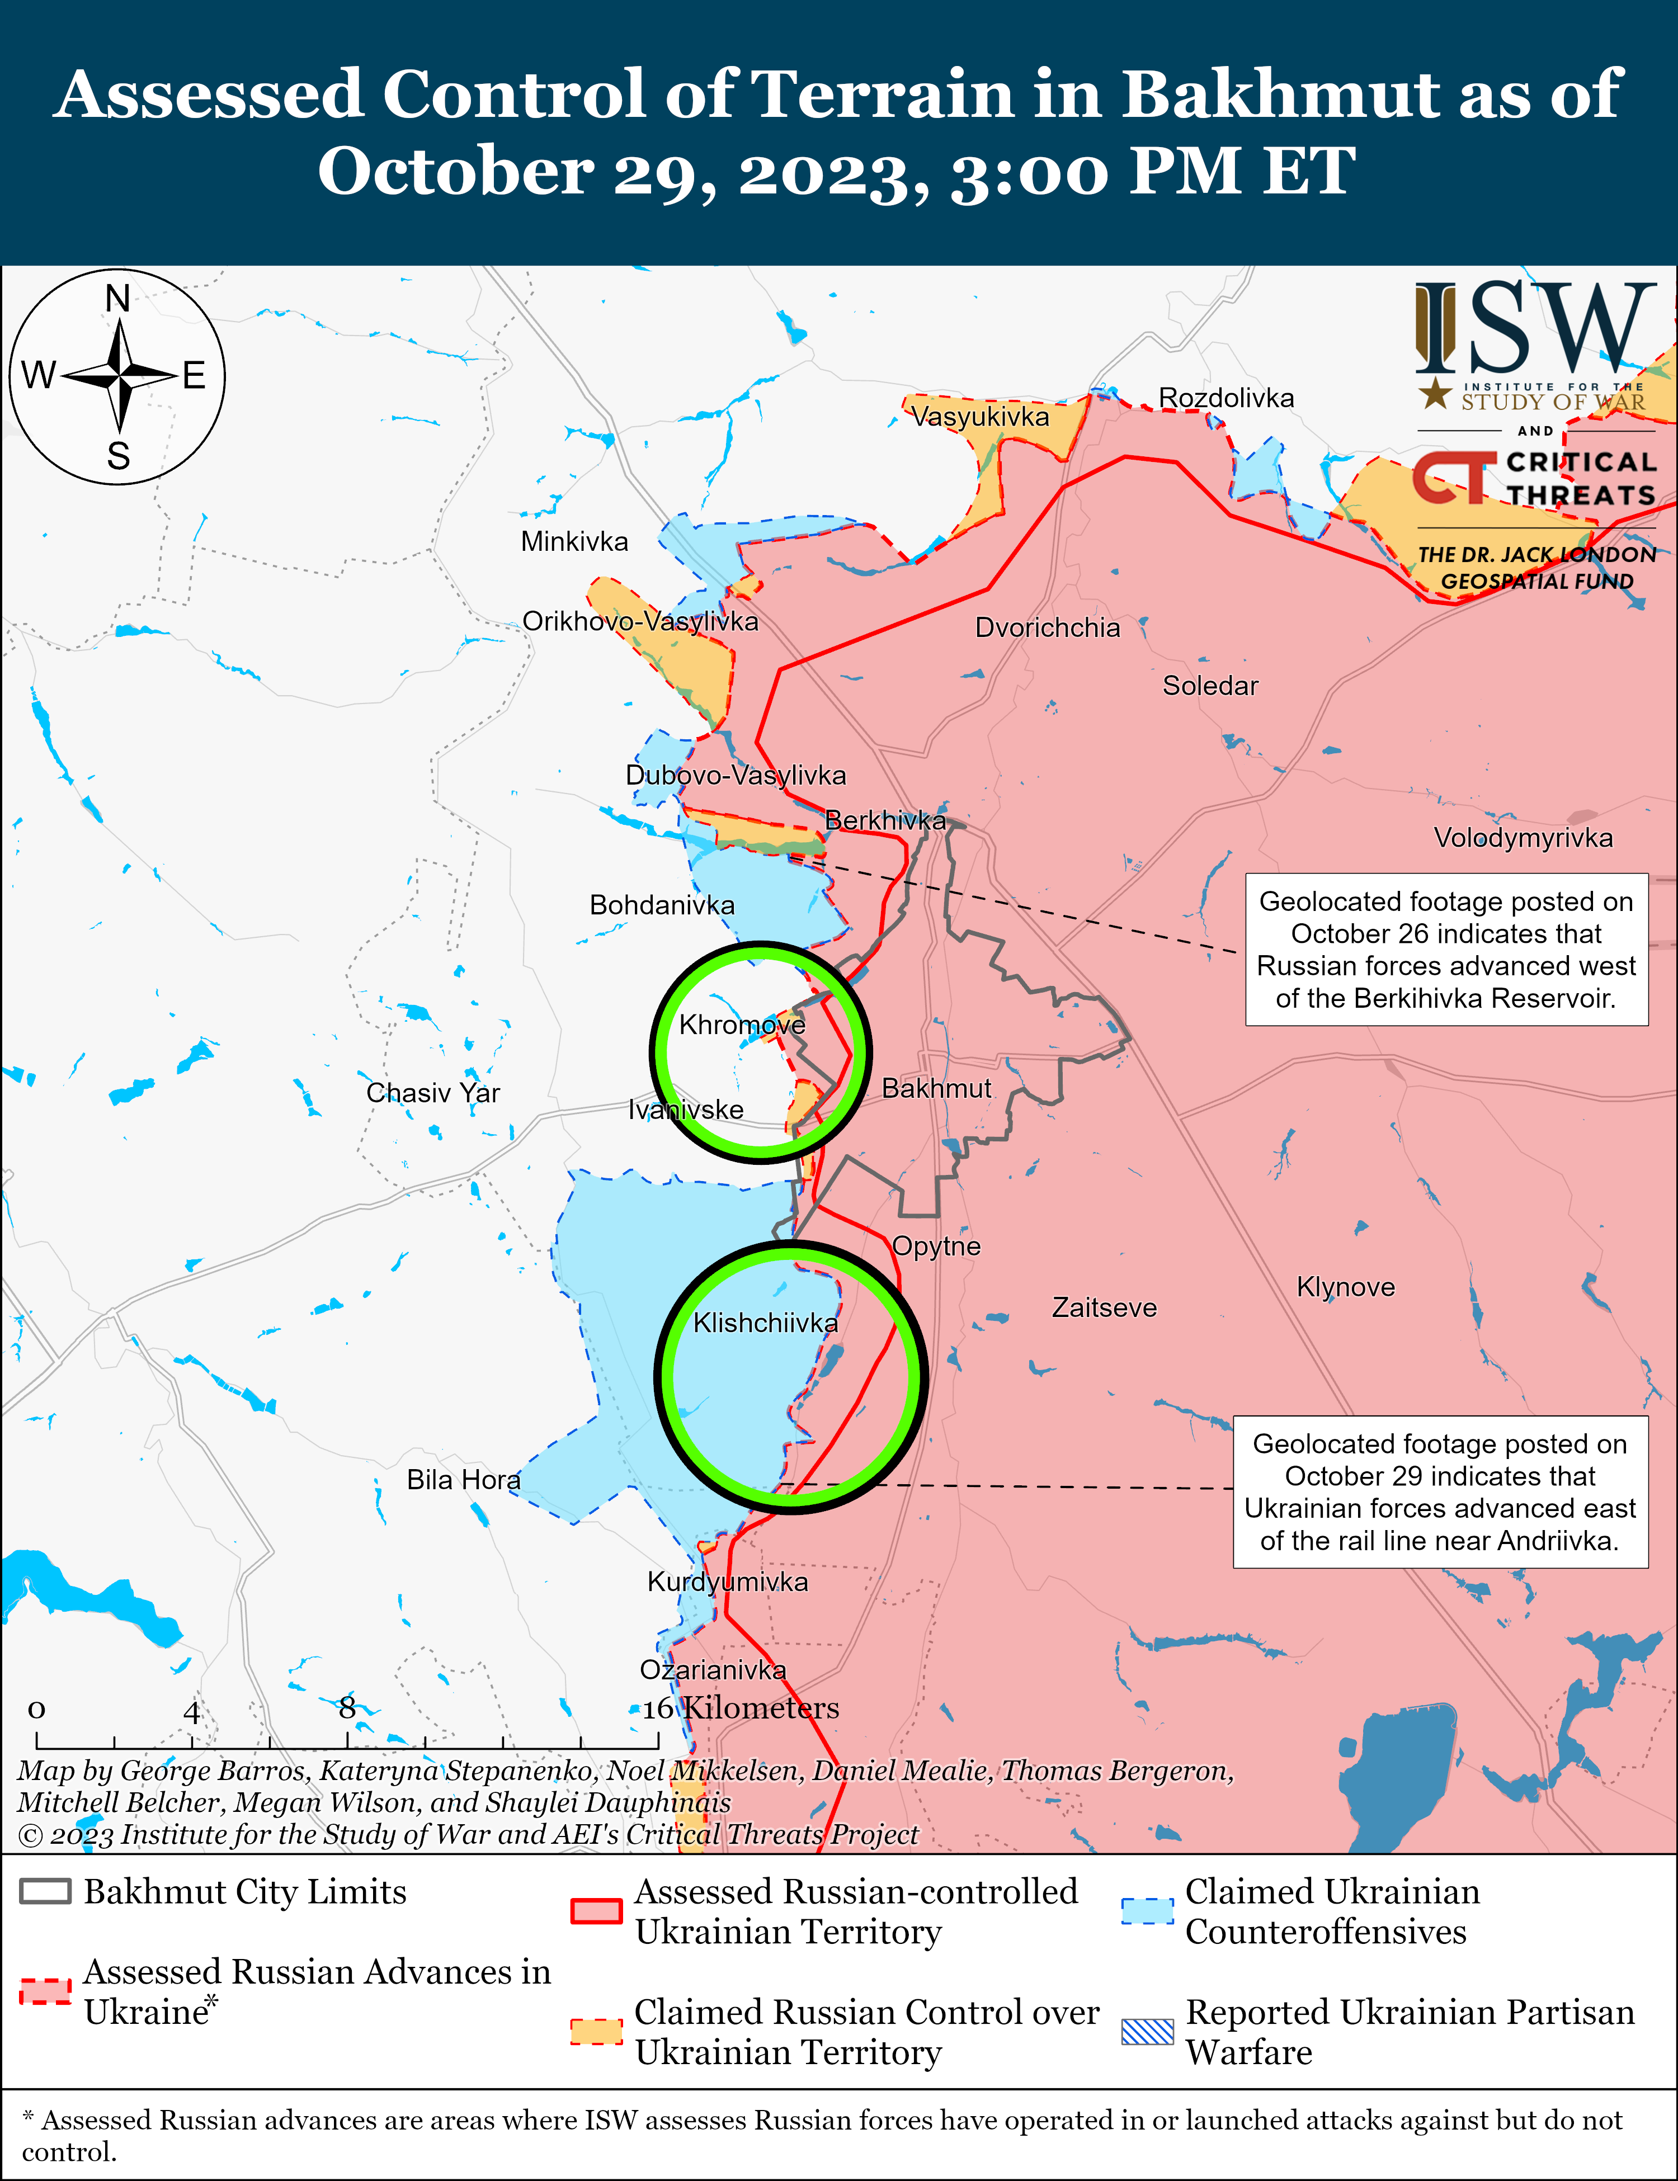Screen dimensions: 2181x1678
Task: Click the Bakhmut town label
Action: [936, 1088]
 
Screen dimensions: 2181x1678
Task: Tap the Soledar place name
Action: [1209, 686]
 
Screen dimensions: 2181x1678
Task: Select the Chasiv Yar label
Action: [432, 1093]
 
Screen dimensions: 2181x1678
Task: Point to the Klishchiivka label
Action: [765, 1323]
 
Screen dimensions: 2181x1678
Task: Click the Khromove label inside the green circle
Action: [741, 1026]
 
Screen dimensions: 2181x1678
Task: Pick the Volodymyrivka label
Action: [1522, 838]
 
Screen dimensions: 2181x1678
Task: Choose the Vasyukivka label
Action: [980, 417]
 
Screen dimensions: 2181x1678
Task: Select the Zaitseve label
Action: [1104, 1307]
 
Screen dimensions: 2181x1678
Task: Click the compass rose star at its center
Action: [119, 376]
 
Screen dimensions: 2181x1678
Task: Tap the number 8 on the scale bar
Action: [347, 1708]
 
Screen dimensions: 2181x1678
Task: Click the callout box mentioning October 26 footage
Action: [1445, 950]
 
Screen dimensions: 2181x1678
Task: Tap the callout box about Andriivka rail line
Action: [1439, 1492]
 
